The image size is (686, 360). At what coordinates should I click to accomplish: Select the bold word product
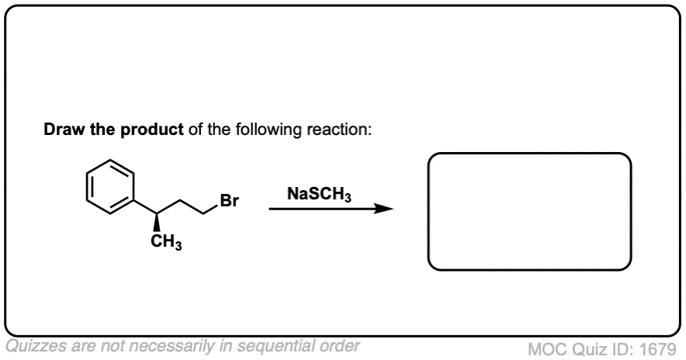(x=152, y=130)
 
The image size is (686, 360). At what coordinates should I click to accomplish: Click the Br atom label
(x=229, y=201)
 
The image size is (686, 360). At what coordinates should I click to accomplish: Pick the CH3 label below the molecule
(x=166, y=242)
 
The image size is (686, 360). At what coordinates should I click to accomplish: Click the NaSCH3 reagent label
(x=319, y=194)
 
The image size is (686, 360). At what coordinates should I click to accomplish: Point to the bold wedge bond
(x=156, y=222)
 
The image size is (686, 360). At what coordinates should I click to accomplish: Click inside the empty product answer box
(x=529, y=212)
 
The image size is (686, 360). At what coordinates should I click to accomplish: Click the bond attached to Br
(x=212, y=209)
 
